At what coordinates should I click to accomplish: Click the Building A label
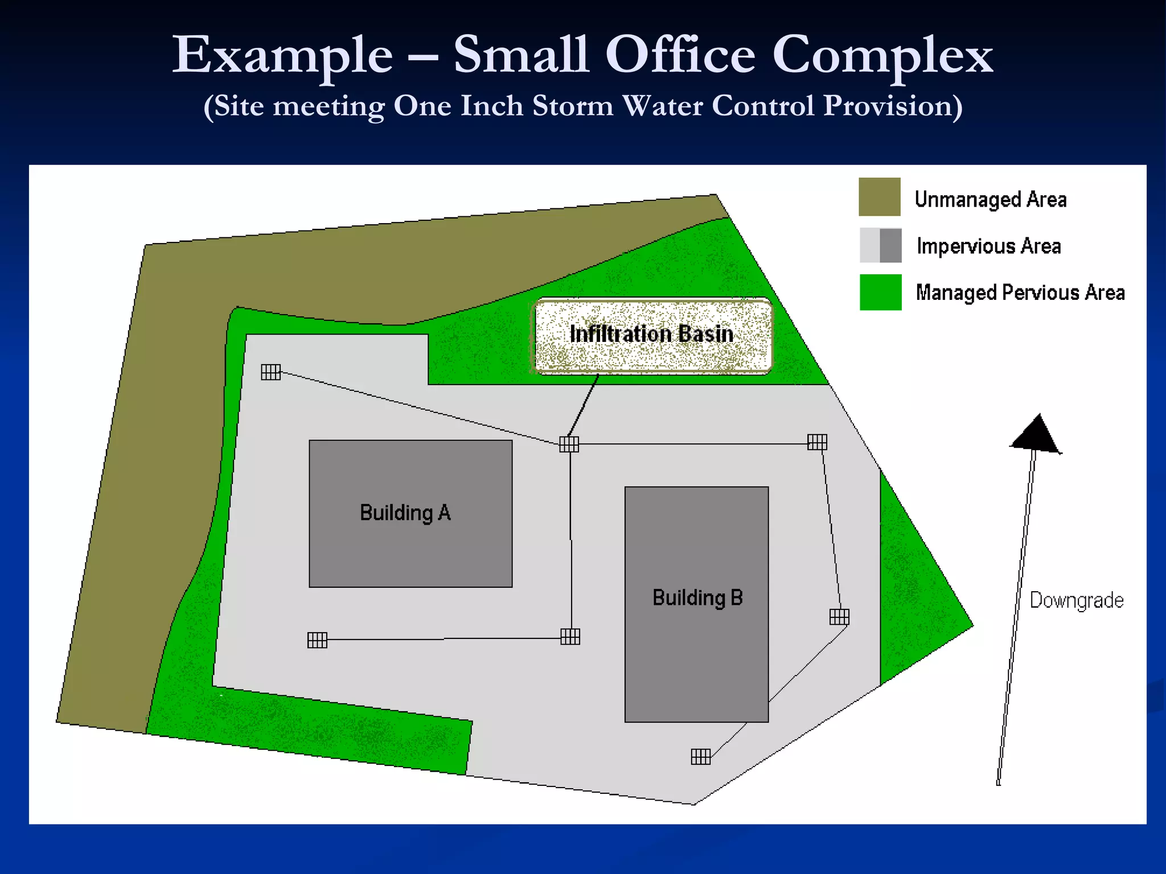[405, 513]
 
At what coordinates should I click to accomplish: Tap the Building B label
[697, 597]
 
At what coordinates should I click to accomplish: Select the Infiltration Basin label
[651, 334]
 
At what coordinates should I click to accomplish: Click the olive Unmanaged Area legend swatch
[879, 197]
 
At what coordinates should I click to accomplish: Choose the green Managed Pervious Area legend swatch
[880, 292]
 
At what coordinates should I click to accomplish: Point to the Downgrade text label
[1076, 600]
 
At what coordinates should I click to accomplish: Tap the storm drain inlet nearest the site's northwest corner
[271, 372]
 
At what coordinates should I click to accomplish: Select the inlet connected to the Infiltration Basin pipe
[569, 444]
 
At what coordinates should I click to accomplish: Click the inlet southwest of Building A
[317, 640]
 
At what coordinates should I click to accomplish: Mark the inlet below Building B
[700, 756]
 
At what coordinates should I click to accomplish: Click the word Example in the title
[282, 55]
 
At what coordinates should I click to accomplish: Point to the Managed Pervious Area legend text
[1020, 292]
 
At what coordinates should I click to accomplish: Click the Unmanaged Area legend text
[990, 199]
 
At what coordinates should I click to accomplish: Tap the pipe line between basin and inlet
[583, 406]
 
